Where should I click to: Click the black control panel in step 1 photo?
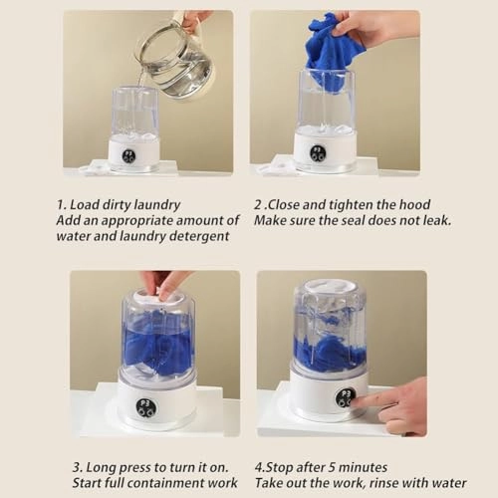pyautogui.click(x=128, y=156)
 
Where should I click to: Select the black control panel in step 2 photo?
pyautogui.click(x=318, y=152)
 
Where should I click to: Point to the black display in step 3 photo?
pyautogui.click(x=145, y=407)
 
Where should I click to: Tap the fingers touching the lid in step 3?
pyautogui.click(x=162, y=287)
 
